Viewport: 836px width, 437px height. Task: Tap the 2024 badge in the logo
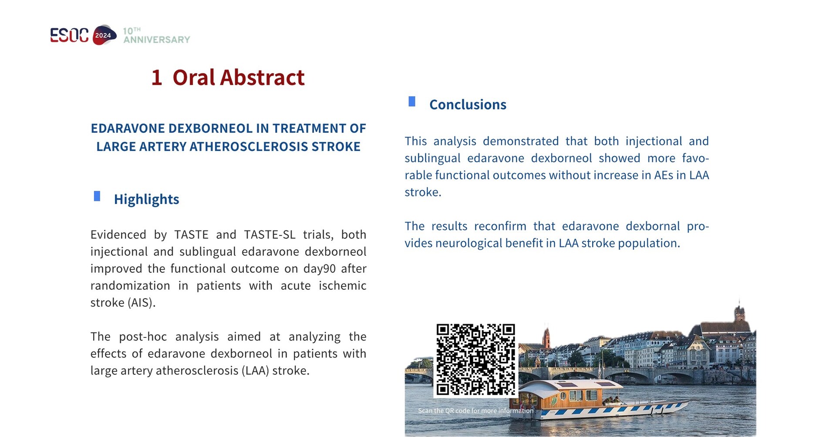[104, 35]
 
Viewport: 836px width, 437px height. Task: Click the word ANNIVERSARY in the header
[157, 40]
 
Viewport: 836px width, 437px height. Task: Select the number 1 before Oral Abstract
[157, 78]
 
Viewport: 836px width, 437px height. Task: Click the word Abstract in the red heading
[262, 78]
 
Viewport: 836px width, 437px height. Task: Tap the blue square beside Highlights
[97, 197]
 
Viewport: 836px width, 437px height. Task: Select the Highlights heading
[146, 199]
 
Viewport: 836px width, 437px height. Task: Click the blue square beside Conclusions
[412, 102]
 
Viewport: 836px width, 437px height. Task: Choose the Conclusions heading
[468, 105]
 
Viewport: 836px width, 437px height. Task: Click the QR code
[475, 360]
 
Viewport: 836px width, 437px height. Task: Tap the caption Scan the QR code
[475, 410]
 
